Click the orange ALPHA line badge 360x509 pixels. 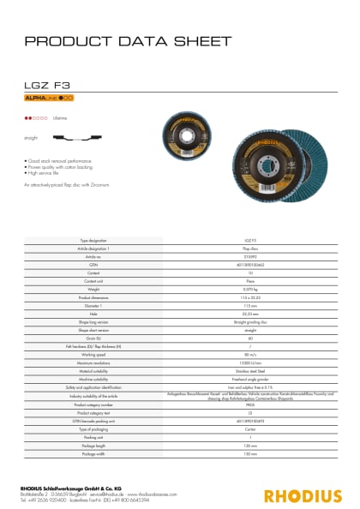[49, 99]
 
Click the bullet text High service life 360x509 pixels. [51, 173]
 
